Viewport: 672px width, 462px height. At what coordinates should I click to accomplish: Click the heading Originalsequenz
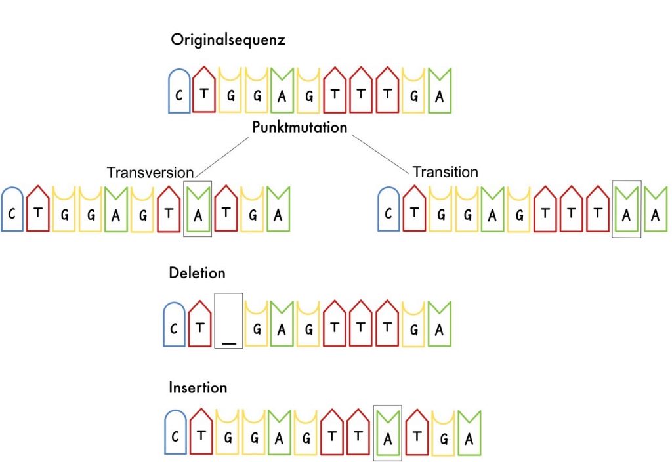[228, 39]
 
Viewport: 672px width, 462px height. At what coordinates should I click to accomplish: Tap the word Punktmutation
[299, 127]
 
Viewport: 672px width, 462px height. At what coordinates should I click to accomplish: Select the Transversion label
[150, 172]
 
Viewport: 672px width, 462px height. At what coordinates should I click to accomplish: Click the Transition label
[445, 172]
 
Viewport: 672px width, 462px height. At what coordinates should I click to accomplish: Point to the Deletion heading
[197, 272]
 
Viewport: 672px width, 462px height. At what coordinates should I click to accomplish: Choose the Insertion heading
[198, 387]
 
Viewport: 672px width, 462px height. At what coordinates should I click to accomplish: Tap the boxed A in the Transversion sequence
[198, 215]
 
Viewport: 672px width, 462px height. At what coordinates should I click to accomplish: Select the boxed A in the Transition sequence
[627, 215]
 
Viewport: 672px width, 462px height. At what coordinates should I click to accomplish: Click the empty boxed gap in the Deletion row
[228, 322]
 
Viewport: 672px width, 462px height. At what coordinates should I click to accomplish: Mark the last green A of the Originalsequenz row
[440, 96]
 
